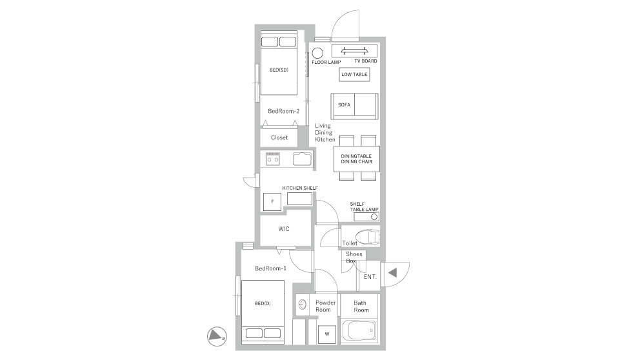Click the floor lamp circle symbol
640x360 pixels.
click(317, 53)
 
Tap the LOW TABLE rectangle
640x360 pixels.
click(354, 74)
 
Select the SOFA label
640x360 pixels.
click(344, 105)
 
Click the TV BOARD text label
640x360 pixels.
click(366, 61)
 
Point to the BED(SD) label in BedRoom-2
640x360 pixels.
click(279, 70)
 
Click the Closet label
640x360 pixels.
click(279, 137)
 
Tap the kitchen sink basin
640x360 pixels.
click(303, 159)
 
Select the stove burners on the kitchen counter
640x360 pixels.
click(273, 159)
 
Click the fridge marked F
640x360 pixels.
click(272, 202)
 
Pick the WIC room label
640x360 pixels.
click(284, 229)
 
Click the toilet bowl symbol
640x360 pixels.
click(367, 236)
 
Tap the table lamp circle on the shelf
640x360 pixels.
click(374, 217)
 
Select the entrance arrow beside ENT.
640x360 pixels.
click(393, 273)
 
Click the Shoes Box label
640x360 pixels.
click(354, 257)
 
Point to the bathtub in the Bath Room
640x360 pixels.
click(359, 330)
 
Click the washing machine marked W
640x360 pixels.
click(327, 334)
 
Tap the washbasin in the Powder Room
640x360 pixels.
click(303, 305)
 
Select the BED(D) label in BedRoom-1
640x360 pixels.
click(263, 303)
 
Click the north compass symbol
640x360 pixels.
click(217, 336)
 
